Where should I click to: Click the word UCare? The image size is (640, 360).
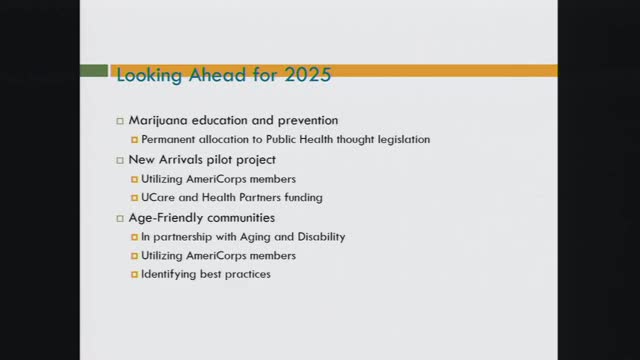[158, 198]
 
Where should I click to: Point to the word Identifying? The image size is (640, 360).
[170, 274]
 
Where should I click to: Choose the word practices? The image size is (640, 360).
[246, 274]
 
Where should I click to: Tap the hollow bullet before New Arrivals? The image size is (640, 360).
[120, 160]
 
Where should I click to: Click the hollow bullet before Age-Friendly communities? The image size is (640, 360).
[120, 218]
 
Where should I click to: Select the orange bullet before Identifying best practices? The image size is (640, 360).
[135, 275]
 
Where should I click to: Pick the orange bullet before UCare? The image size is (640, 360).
[135, 199]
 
